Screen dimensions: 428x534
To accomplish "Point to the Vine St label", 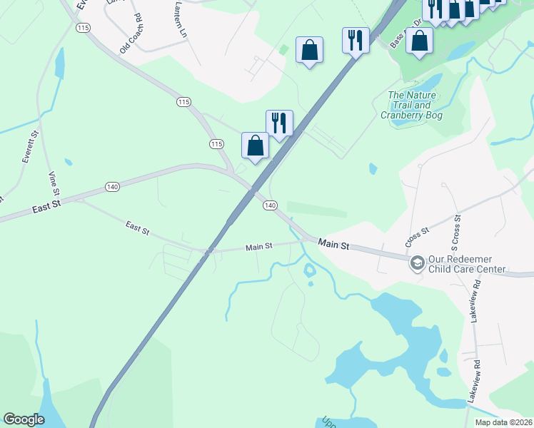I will (54, 183).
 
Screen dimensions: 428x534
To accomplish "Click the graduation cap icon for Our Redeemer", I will (417, 264).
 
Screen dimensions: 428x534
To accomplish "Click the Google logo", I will (24, 419).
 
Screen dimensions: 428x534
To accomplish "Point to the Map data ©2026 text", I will (503, 422).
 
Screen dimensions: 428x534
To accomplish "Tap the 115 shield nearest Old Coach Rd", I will (84, 27).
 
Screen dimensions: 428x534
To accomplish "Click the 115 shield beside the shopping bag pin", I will (217, 144).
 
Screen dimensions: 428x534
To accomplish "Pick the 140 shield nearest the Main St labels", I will (269, 205).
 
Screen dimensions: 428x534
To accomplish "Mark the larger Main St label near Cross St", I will (333, 245).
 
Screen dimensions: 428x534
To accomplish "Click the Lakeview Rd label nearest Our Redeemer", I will (476, 292).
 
